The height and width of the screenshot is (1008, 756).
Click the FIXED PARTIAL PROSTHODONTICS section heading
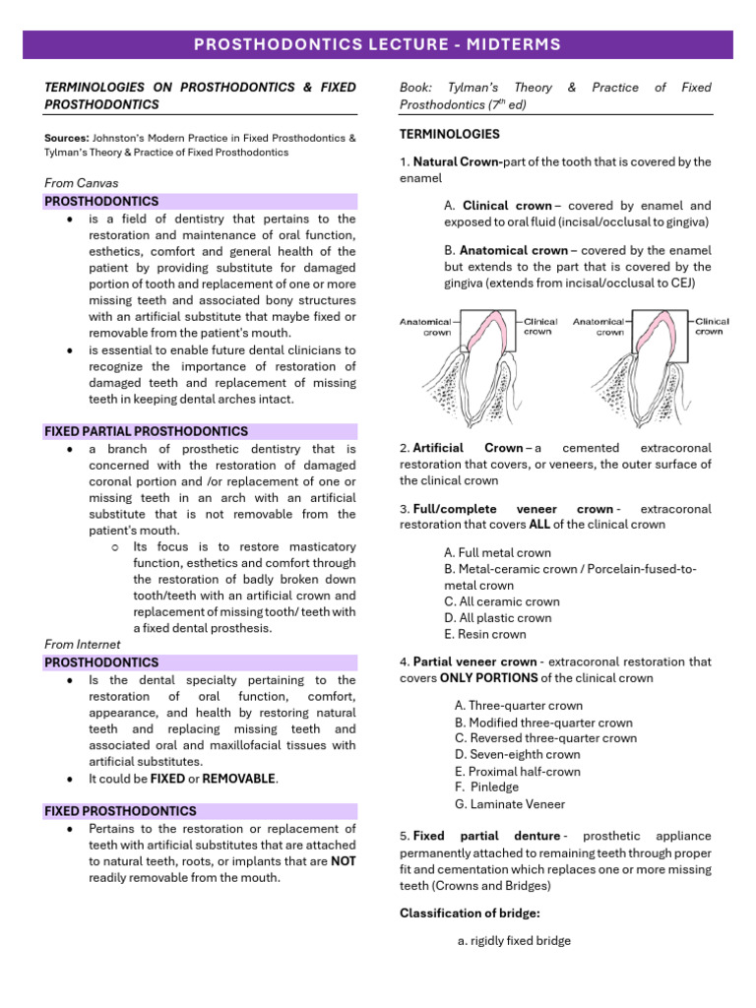(147, 431)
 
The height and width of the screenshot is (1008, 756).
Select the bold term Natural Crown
(457, 161)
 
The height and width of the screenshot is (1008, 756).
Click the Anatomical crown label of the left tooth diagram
(424, 327)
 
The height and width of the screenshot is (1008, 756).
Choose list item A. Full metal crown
(498, 553)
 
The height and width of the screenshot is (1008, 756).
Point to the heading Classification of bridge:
(470, 913)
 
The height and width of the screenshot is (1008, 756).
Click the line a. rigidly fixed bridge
(514, 941)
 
